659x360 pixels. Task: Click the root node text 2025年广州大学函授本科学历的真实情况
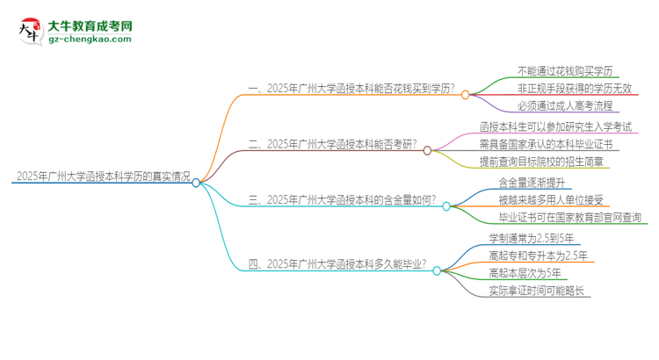(x=102, y=176)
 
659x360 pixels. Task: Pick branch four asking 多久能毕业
(x=338, y=263)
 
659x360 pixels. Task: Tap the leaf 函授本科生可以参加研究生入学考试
(x=559, y=127)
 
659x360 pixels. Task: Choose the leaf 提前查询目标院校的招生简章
(x=541, y=162)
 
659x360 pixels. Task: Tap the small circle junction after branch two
(x=428, y=150)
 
